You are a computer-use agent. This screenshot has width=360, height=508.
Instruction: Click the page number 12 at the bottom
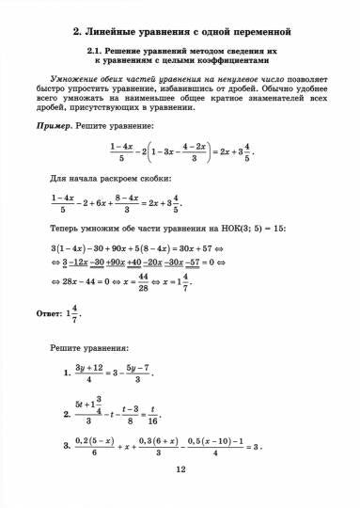pyautogui.click(x=181, y=476)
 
